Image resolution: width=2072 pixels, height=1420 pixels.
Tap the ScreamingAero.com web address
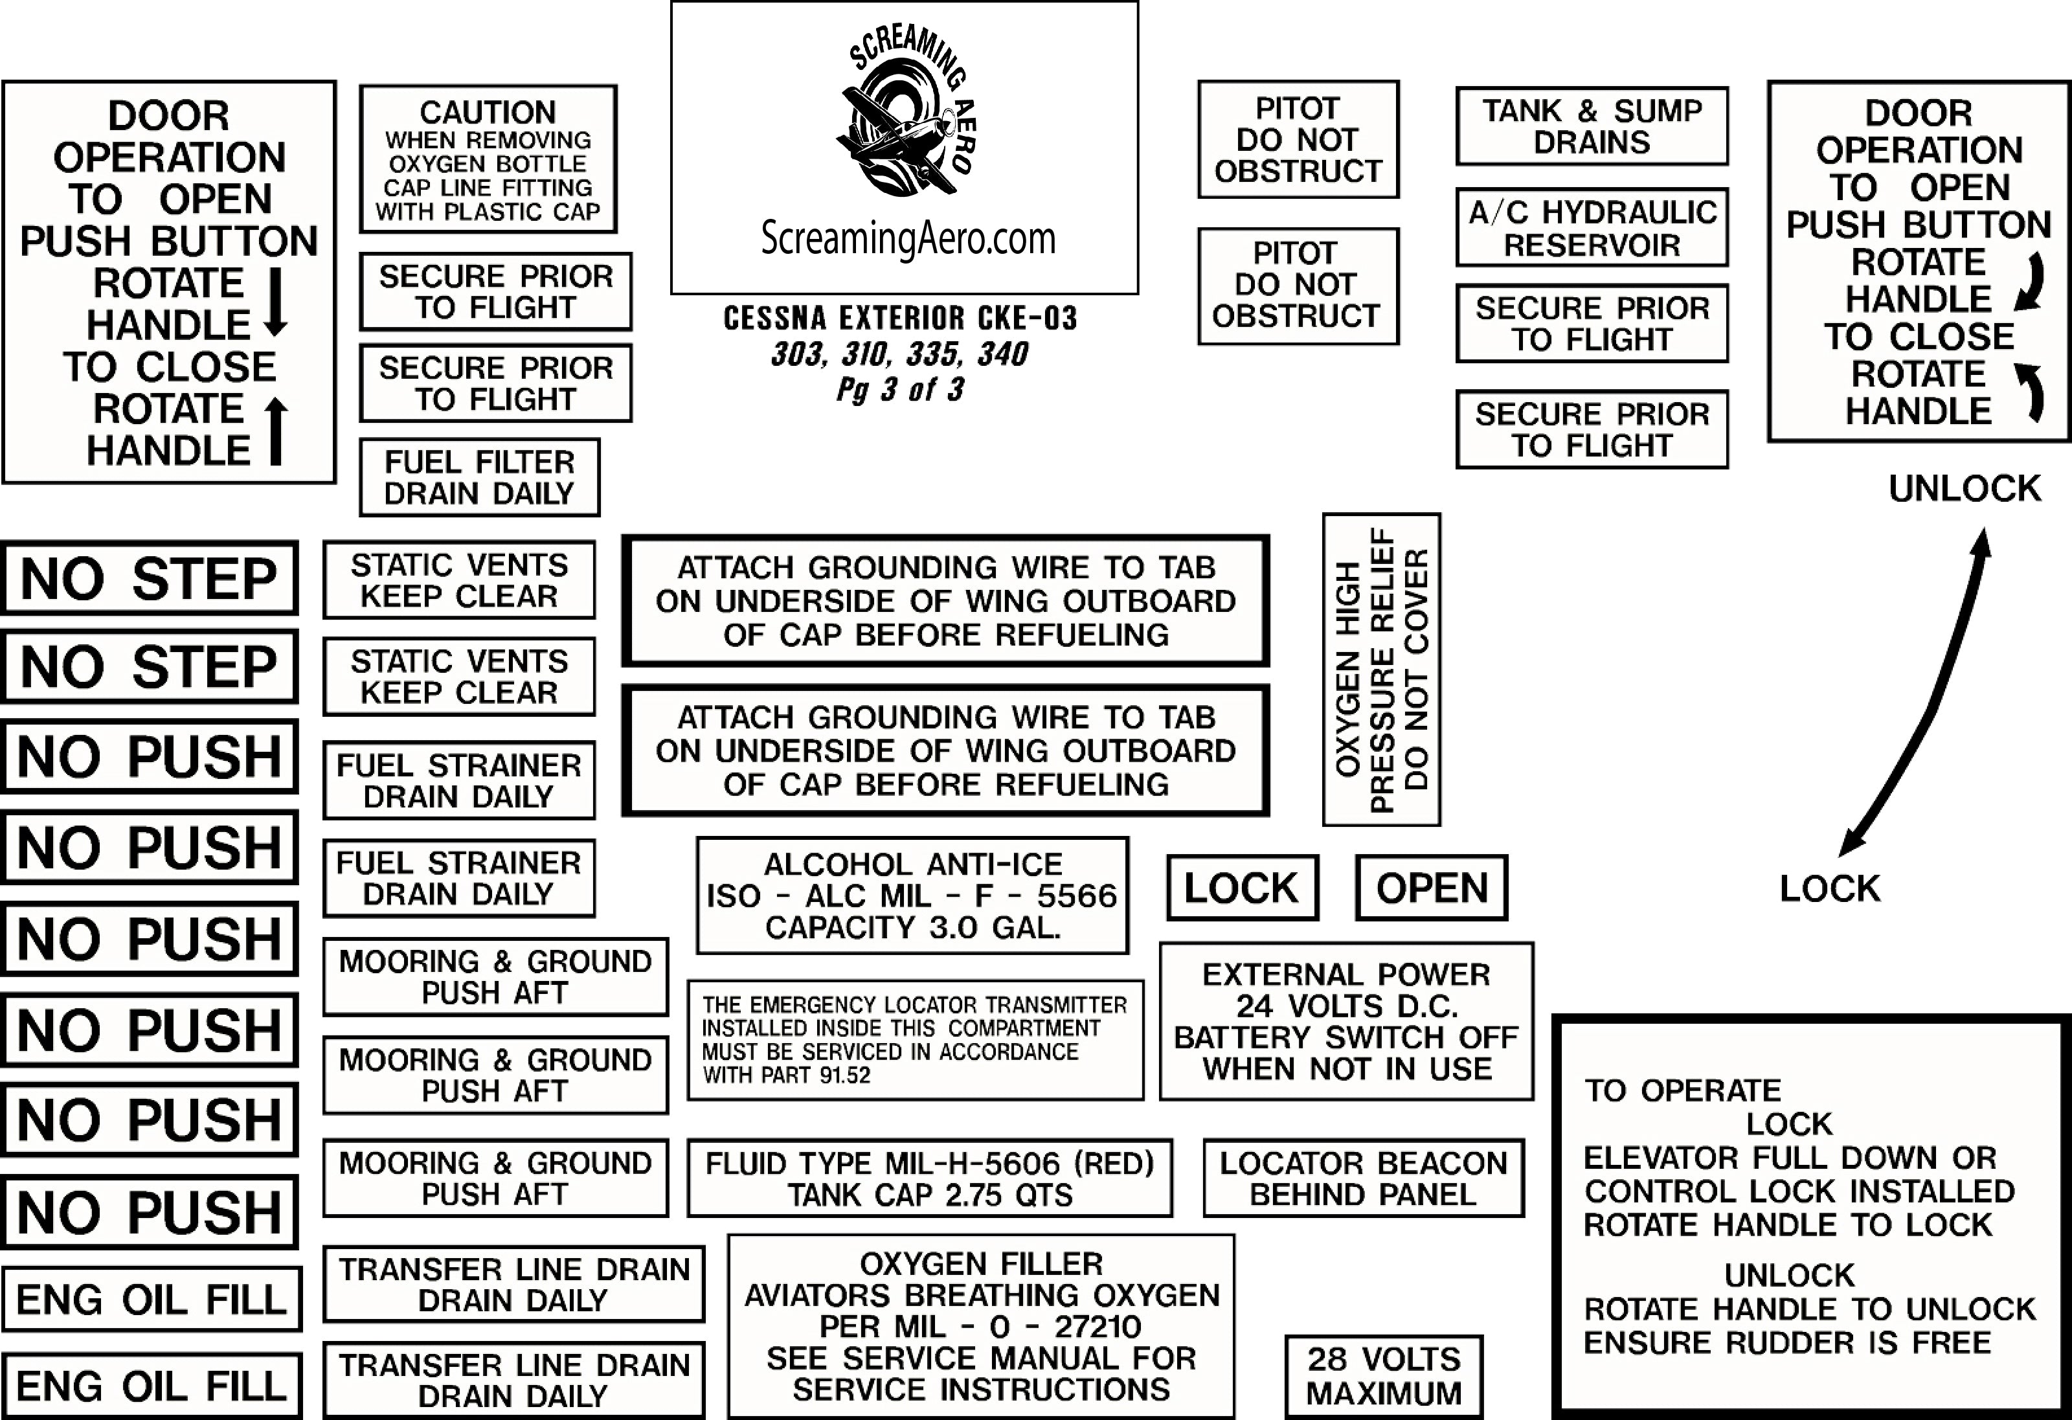point(908,238)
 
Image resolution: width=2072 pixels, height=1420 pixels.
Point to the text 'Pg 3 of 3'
point(901,390)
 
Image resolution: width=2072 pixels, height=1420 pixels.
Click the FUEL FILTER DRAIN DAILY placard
point(480,478)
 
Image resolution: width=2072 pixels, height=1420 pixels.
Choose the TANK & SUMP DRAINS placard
point(1592,126)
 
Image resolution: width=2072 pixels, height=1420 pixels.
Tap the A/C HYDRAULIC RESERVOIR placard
point(1592,228)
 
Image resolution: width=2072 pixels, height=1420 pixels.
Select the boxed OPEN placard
point(1431,888)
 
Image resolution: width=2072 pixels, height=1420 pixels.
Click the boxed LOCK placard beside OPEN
point(1241,888)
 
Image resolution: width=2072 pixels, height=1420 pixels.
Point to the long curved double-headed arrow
point(1917,695)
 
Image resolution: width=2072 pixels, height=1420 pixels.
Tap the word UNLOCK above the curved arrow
point(1964,488)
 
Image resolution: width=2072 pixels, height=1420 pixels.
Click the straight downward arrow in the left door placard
point(276,303)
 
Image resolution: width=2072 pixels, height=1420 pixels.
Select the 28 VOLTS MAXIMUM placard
point(1384,1377)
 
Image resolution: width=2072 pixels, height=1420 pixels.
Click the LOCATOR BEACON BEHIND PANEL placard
point(1363,1178)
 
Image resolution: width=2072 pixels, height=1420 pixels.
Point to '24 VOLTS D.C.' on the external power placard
point(1346,1006)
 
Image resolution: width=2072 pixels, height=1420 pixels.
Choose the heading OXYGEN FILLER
point(981,1264)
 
